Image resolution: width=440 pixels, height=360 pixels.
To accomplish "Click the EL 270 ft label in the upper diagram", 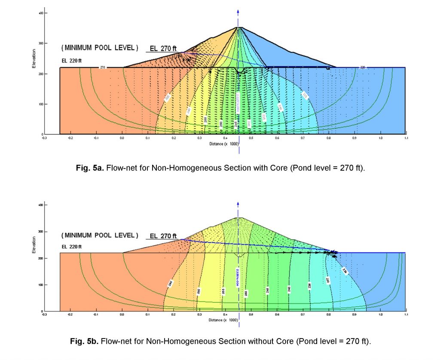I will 163,49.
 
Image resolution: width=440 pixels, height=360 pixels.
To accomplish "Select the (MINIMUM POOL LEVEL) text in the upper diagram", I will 100,46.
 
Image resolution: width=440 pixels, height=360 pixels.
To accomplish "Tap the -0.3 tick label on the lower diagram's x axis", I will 44,315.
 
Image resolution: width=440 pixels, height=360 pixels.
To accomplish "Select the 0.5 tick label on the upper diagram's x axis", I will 251,138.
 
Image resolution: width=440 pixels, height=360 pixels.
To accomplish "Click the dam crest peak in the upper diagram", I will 238,28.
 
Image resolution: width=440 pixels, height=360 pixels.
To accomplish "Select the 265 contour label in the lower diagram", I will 224,291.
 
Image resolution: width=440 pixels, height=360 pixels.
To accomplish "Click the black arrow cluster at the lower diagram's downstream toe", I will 333,253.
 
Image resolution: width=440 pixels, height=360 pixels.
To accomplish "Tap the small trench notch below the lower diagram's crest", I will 239,255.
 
